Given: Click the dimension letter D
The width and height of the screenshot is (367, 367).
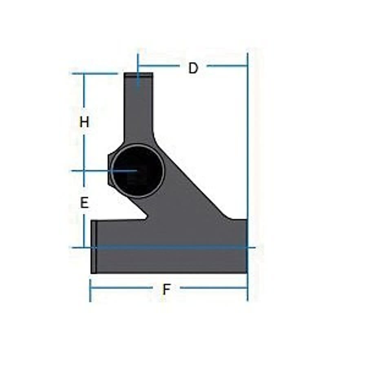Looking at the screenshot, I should (193, 68).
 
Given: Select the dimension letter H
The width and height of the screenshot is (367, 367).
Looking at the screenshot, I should (84, 122).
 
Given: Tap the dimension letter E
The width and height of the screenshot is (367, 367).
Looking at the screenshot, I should (84, 203).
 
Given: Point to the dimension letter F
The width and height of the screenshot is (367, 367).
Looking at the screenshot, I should (166, 289).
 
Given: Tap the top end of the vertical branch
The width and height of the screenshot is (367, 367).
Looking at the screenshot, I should (139, 75).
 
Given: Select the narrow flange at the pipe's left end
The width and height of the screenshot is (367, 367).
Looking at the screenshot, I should (94, 247).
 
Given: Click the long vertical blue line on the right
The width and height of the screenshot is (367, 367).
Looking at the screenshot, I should (248, 163).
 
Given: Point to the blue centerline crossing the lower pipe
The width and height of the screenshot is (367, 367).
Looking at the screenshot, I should (171, 247).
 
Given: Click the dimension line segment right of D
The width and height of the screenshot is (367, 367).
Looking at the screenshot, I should (227, 65).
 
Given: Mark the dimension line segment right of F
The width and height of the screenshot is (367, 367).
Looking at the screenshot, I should (214, 287).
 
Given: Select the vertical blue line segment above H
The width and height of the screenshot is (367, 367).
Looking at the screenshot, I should (84, 94).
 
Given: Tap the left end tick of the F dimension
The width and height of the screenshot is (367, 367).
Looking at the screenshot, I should (90, 290).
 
